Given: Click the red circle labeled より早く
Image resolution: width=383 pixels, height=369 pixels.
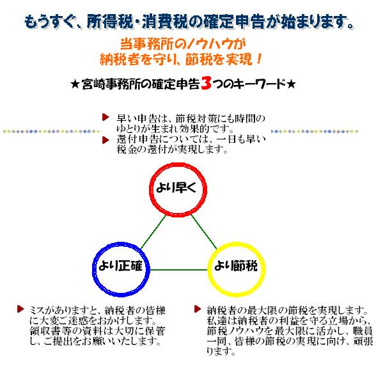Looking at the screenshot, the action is pos(178,164).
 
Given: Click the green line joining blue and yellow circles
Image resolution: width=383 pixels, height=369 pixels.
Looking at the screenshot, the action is pos(178,270).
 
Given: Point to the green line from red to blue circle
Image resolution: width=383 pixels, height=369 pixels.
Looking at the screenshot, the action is pos(153,232).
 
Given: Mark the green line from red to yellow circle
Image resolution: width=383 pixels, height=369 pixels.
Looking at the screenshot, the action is pos(204,232).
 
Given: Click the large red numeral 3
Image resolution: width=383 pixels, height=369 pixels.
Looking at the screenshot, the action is pos(206,83).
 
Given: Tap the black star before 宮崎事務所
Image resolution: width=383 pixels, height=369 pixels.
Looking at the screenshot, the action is pos(75,85).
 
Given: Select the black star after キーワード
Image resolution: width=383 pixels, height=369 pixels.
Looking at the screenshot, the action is pos(291,84).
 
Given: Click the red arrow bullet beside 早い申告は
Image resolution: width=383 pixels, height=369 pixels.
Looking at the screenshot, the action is pos(106,117).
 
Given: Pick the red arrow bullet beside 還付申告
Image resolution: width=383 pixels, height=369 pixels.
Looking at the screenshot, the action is pos(106,140).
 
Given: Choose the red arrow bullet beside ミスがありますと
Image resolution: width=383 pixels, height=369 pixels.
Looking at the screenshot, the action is pos(20,309).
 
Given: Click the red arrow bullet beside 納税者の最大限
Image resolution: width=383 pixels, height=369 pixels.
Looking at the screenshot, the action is pos(198,309).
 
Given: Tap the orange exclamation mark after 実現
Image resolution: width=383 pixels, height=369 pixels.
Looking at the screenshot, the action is pos(259,59).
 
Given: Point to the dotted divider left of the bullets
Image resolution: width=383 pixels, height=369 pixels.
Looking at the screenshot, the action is pos(52,132).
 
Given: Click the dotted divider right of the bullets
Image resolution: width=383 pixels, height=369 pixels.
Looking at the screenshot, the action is pos(315,132).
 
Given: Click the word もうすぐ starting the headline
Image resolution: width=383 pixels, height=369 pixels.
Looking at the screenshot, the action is pos(49,22).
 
